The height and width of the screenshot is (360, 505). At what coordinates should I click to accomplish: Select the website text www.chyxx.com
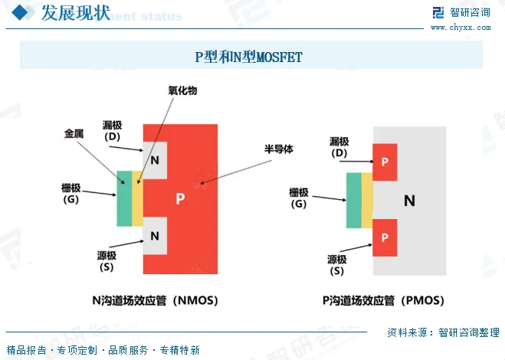(x=461, y=27)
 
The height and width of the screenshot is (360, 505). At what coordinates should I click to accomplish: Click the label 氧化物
(x=183, y=90)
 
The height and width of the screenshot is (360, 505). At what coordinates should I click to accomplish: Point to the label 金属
(x=74, y=134)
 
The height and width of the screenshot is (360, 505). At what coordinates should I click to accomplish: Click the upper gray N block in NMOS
(x=155, y=160)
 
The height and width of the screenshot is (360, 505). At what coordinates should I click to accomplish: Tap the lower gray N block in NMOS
(x=155, y=235)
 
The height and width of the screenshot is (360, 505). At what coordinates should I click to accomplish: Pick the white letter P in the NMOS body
(x=180, y=198)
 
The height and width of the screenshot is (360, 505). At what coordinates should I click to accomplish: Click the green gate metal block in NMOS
(x=124, y=198)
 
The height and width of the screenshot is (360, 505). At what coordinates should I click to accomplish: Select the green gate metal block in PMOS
(x=353, y=201)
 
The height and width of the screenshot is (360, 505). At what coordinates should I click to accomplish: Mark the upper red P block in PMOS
(x=385, y=162)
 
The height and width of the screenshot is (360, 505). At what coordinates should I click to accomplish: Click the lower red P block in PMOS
(x=385, y=237)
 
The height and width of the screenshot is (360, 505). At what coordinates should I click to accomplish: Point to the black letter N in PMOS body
(x=410, y=201)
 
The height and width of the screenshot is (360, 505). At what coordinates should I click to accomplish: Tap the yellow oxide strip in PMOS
(x=367, y=201)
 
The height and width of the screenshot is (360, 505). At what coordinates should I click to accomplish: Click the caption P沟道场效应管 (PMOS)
(x=383, y=300)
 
